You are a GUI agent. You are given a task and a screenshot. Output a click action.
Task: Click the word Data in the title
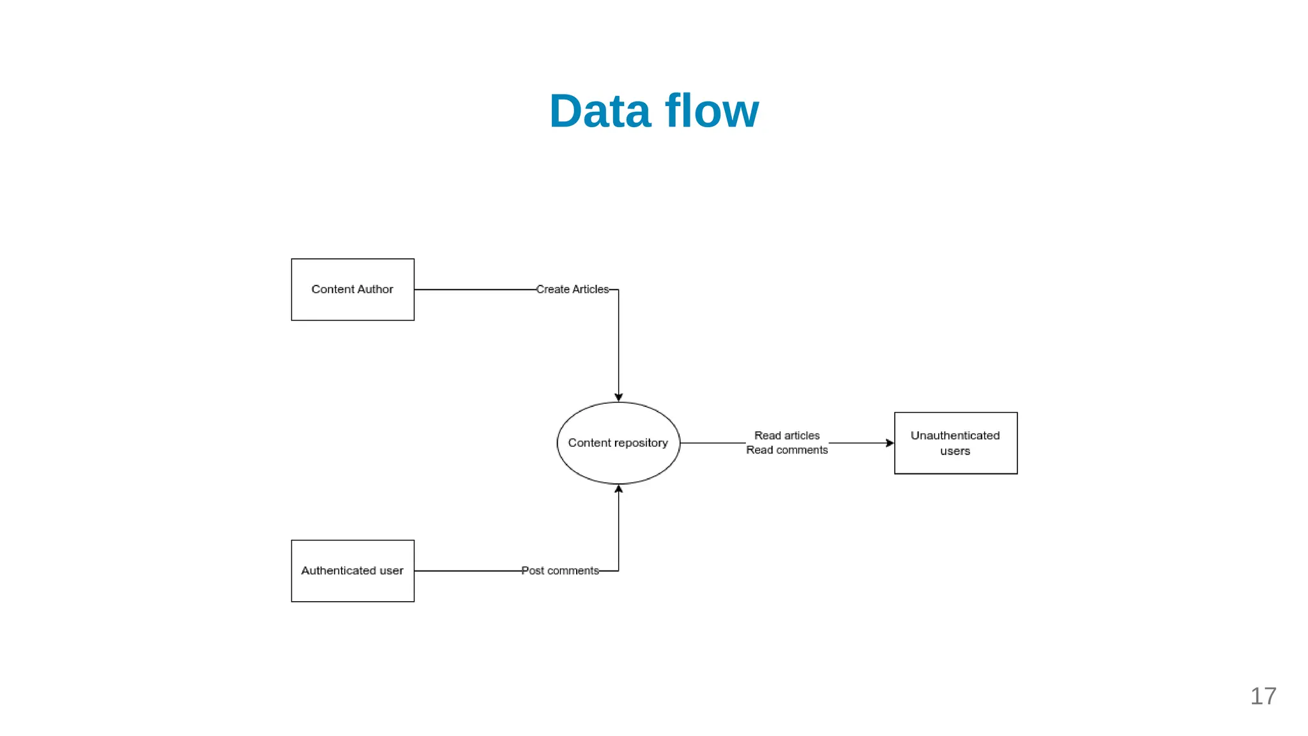click(x=600, y=112)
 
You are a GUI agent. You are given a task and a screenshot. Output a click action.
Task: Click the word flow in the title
click(x=711, y=112)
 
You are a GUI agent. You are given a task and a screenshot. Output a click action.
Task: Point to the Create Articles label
click(x=572, y=289)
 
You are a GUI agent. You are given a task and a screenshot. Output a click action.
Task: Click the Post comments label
click(x=560, y=571)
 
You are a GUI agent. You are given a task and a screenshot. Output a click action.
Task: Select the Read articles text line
click(x=787, y=436)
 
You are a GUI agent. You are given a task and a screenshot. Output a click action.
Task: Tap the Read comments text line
click(x=787, y=450)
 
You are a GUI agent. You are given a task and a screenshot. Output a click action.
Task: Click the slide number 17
click(x=1263, y=696)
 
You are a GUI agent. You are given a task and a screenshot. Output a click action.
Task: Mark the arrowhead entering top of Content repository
click(x=618, y=397)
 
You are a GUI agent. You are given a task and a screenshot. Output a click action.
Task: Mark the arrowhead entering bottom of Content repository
click(x=618, y=489)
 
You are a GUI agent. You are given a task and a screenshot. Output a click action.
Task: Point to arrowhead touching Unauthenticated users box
click(x=890, y=443)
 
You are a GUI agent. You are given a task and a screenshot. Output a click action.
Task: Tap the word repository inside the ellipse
click(x=641, y=443)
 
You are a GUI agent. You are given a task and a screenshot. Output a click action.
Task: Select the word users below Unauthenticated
click(x=955, y=451)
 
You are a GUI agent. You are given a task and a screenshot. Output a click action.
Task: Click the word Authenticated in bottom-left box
click(x=338, y=571)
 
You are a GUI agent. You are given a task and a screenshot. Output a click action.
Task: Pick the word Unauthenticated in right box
click(x=955, y=436)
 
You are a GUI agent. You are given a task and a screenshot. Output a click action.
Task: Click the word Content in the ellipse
click(x=589, y=443)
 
